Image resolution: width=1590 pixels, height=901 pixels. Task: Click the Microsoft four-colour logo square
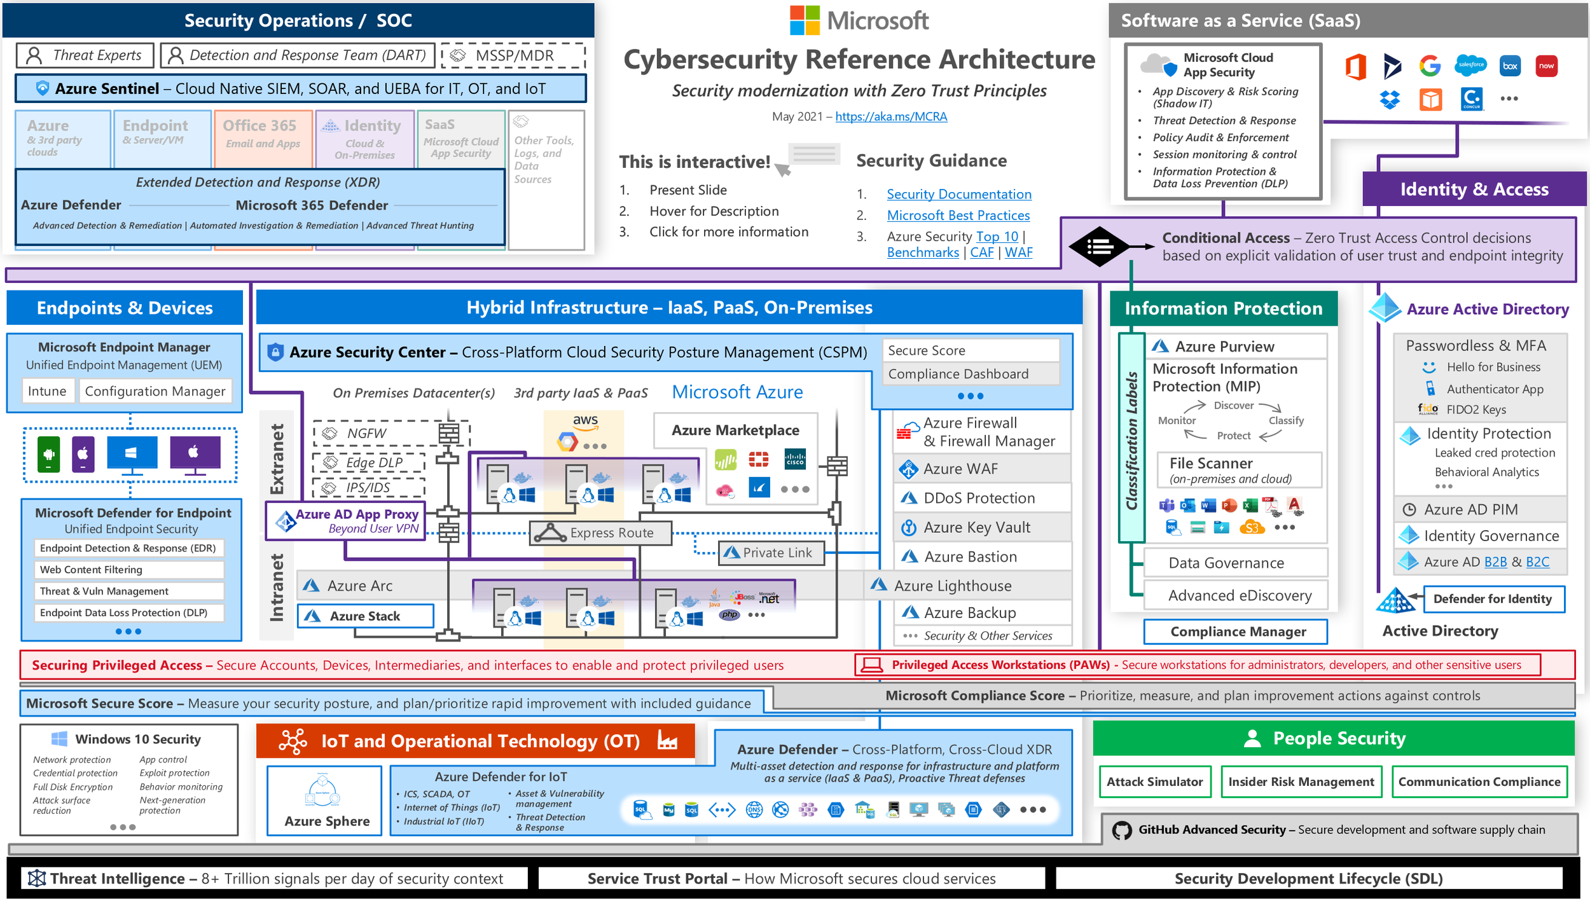(x=805, y=20)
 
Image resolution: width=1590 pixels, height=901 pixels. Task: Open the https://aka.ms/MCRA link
(x=890, y=116)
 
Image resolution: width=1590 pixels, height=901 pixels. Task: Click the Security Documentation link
(x=958, y=195)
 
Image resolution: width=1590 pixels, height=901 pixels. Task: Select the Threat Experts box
(x=85, y=55)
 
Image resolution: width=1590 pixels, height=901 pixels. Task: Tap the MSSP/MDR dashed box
(x=513, y=55)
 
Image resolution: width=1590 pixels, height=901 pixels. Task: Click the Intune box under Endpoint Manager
(x=47, y=391)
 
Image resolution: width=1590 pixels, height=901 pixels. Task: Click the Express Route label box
(x=601, y=533)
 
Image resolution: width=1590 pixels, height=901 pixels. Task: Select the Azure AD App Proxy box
(x=347, y=521)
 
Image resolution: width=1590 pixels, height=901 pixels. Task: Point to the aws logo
(x=585, y=420)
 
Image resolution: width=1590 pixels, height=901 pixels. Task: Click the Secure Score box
(x=971, y=350)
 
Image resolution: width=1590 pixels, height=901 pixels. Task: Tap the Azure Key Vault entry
(x=977, y=527)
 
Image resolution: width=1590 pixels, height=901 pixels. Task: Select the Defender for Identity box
(x=1493, y=599)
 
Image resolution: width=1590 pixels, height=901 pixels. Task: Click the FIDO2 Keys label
(x=1476, y=410)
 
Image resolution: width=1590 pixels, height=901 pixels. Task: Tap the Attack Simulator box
(x=1154, y=781)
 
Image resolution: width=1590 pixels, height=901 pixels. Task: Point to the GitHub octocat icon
(x=1122, y=830)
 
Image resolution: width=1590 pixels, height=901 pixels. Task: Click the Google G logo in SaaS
(x=1430, y=66)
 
